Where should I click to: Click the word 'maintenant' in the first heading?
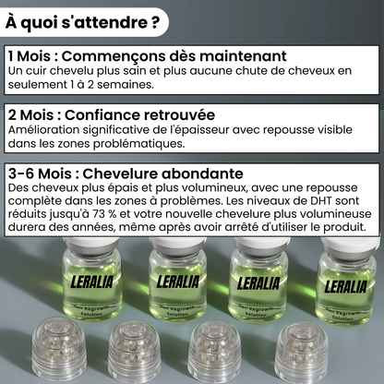(241, 56)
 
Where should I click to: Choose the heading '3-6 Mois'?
(40, 174)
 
